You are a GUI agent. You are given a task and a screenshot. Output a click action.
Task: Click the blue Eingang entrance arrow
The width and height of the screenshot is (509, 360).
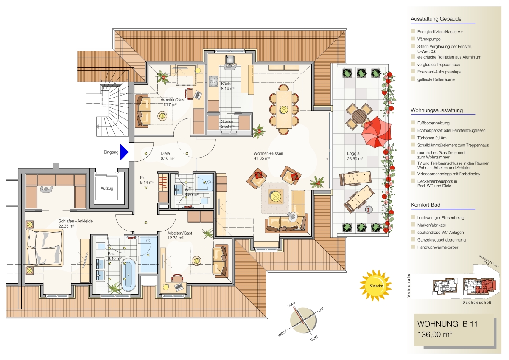(124, 152)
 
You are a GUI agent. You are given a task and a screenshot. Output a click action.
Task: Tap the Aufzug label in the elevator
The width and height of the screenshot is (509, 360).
(107, 188)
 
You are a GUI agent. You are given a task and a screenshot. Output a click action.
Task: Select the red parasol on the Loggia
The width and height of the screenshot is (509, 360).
(376, 132)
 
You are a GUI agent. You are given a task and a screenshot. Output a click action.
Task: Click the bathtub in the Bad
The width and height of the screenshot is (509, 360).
(129, 275)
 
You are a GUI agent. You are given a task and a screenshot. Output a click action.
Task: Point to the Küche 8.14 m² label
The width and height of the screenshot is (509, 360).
(228, 86)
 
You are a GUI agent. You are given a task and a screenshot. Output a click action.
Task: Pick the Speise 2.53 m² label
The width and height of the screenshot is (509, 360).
(228, 124)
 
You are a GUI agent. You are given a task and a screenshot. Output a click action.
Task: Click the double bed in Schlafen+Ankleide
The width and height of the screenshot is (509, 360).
(45, 247)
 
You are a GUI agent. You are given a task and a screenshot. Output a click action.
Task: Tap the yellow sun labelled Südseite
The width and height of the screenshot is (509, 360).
(376, 286)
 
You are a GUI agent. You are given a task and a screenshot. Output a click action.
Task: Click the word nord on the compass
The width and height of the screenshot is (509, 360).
(291, 304)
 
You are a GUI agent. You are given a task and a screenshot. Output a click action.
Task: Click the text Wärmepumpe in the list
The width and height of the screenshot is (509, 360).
(429, 39)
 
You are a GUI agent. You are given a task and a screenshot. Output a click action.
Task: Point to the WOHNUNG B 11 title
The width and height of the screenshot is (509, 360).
(447, 324)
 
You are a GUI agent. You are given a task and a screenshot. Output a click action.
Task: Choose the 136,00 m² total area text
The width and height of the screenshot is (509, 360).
(435, 335)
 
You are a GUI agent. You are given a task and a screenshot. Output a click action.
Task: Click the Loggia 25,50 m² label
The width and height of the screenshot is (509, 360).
(355, 156)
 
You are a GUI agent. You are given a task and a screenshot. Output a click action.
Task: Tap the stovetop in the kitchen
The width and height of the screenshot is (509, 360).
(214, 81)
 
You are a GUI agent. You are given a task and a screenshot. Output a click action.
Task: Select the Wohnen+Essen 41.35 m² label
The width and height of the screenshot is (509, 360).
(268, 156)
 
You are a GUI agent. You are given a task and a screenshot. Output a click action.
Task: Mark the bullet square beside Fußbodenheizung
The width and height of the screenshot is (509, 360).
(413, 123)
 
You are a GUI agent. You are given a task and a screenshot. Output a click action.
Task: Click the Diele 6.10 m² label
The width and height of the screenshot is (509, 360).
(168, 156)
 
